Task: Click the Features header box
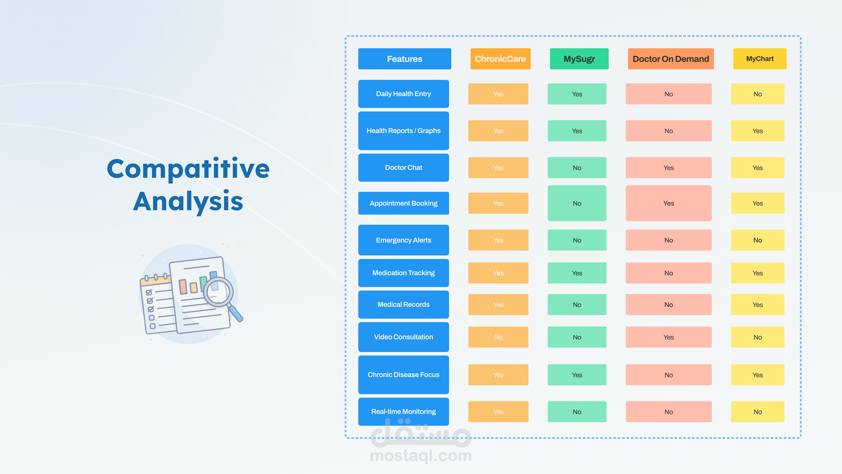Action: pos(405,59)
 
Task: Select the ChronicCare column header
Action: pos(500,59)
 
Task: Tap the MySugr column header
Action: pos(579,59)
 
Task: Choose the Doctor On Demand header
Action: pos(671,59)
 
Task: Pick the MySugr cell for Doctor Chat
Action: pos(577,168)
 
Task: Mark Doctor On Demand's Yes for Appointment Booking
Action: pos(668,203)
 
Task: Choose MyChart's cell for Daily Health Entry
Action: pos(758,94)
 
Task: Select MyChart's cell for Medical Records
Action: pos(758,305)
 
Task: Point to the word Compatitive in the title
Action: pos(188,169)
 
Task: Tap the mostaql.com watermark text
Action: pos(421,456)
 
